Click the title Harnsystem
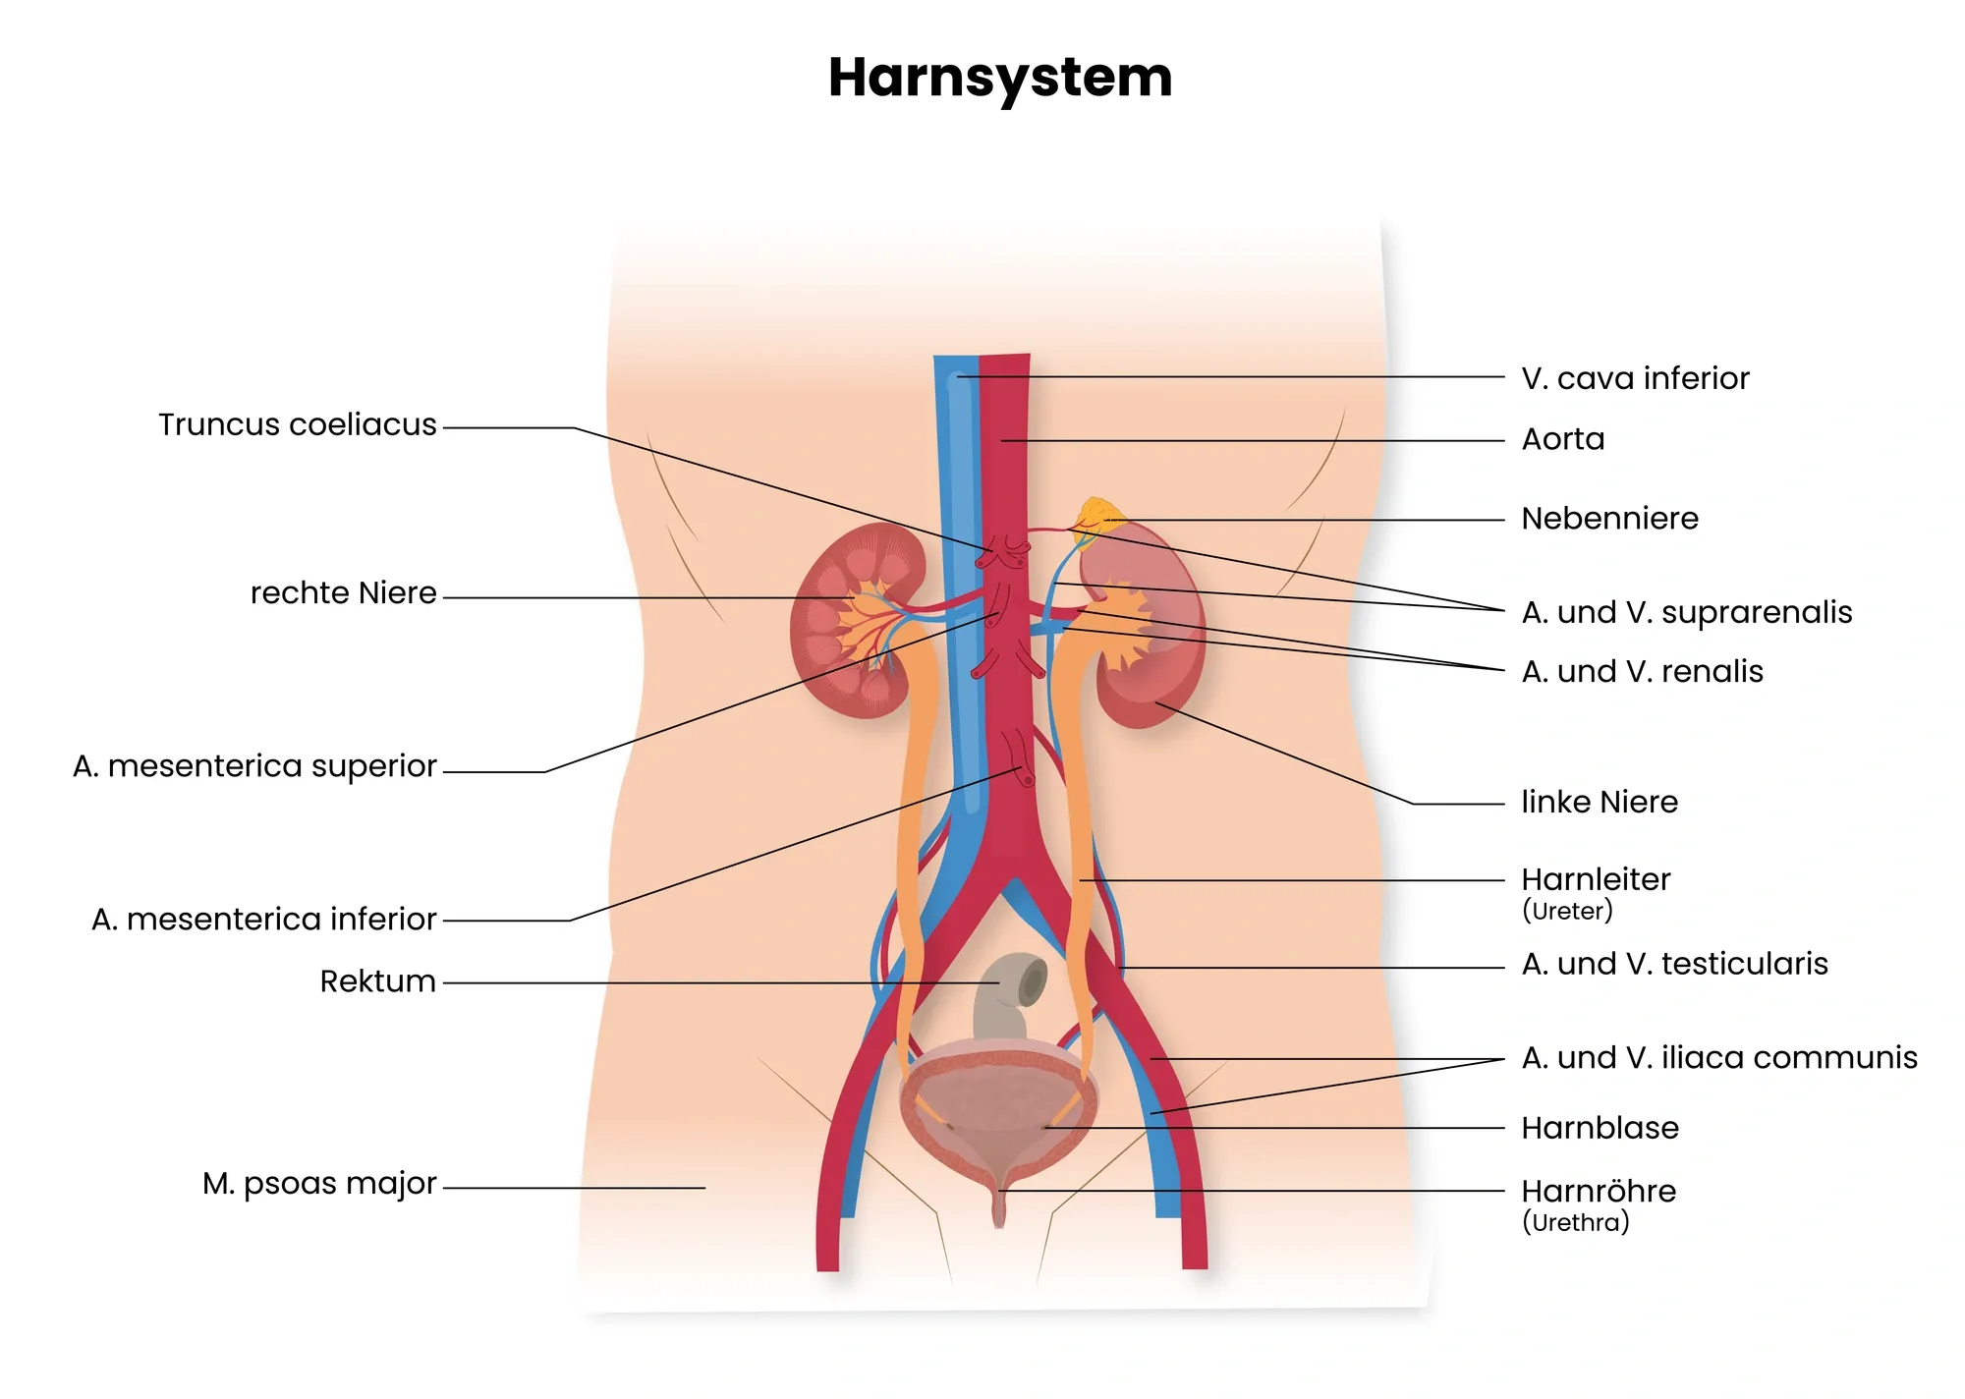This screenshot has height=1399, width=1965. (1000, 79)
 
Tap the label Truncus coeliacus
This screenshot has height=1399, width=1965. (298, 424)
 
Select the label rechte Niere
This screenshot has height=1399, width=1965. (343, 593)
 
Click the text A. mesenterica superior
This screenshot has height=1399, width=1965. (254, 766)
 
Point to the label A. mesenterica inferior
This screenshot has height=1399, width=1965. (263, 920)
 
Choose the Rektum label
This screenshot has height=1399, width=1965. (377, 981)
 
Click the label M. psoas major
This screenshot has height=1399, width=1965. (319, 1184)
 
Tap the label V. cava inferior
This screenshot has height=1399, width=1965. (1635, 378)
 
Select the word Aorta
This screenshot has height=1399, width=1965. (1563, 439)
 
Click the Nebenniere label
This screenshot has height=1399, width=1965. (1609, 519)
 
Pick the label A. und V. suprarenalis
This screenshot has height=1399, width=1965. (1687, 613)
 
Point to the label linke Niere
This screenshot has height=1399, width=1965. (1600, 803)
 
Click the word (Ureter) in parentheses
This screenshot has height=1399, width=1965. (1567, 911)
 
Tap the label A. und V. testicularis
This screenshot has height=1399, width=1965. (1675, 964)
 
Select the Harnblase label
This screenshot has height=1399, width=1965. (1600, 1128)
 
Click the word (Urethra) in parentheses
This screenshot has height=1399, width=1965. (1576, 1223)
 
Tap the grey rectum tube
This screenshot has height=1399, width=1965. (1007, 994)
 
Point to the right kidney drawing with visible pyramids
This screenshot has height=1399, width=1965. (857, 621)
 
